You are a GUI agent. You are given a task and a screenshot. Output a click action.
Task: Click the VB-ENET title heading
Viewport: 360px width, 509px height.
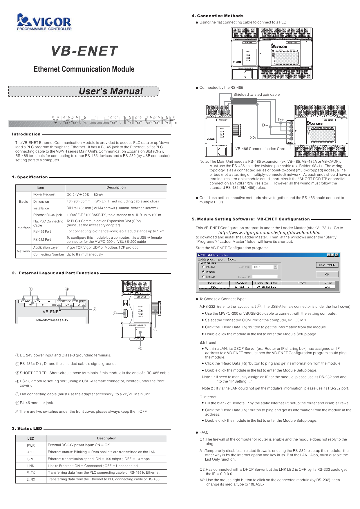click(84, 51)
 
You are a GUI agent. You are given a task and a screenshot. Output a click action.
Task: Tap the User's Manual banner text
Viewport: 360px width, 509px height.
click(111, 91)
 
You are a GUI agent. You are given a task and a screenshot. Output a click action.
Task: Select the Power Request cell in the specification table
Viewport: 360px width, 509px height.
click(44, 195)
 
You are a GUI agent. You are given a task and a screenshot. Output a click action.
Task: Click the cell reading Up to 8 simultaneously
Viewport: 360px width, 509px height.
click(85, 254)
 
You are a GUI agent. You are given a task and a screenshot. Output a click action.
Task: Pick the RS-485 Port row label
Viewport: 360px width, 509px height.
click(42, 231)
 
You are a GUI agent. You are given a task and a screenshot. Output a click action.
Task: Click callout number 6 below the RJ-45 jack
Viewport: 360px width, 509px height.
click(140, 348)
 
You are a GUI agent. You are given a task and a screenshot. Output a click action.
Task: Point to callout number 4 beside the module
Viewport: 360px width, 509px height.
click(115, 314)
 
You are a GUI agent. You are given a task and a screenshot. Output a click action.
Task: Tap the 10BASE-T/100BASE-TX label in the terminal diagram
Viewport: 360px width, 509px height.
click(52, 320)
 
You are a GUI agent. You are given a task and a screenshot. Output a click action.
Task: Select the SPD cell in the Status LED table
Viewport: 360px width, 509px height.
click(31, 459)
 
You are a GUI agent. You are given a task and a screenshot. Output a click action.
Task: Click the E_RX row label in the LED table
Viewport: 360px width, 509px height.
click(31, 480)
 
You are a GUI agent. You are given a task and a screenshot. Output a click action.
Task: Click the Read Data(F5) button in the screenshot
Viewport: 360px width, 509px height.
click(327, 265)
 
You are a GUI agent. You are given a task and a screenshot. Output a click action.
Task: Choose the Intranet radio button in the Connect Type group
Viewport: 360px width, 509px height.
click(204, 272)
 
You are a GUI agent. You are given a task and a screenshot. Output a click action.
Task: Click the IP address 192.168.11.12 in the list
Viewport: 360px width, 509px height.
click(241, 287)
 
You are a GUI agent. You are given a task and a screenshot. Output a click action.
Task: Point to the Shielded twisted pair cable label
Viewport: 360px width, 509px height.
click(256, 95)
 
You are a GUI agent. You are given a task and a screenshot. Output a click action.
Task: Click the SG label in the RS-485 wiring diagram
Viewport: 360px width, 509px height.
click(253, 137)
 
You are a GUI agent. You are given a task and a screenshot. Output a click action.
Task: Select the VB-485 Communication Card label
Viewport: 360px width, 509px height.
click(260, 149)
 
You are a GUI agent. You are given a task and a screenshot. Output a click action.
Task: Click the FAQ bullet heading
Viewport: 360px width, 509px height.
click(203, 432)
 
